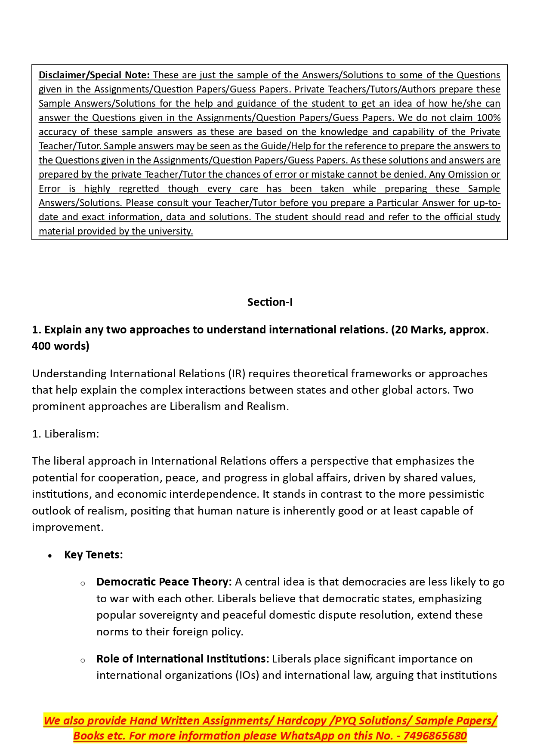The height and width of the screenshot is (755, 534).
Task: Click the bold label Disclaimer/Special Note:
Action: (94, 75)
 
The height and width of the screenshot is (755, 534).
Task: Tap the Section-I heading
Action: (270, 302)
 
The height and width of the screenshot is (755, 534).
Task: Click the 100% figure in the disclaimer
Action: (488, 118)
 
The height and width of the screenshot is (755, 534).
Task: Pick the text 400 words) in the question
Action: (61, 346)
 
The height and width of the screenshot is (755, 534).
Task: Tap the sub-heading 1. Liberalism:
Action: (65, 434)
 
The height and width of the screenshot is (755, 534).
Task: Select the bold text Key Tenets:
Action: (93, 555)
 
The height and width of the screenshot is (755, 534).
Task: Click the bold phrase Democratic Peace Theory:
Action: (164, 582)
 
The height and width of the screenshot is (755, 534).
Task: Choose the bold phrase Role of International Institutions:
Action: (182, 659)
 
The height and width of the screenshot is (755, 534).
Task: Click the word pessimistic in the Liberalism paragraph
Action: (458, 494)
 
